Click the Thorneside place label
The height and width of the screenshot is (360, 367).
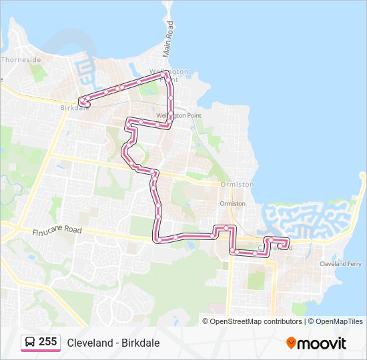click(x=21, y=59)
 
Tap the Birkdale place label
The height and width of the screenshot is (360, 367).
click(x=74, y=107)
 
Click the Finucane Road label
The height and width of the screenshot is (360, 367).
click(x=57, y=231)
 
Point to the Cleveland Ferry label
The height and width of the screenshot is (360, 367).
click(x=341, y=264)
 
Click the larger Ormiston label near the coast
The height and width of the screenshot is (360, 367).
click(x=237, y=184)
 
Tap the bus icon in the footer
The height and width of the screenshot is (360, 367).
click(x=30, y=342)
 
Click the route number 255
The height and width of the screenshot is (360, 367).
click(x=47, y=342)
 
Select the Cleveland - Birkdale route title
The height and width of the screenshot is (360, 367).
click(x=113, y=343)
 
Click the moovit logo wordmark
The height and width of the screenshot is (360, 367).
click(x=322, y=343)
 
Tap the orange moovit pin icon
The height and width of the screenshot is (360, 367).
click(x=292, y=343)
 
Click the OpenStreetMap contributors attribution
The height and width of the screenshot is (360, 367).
click(x=256, y=321)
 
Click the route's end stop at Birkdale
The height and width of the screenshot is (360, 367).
click(x=83, y=101)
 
